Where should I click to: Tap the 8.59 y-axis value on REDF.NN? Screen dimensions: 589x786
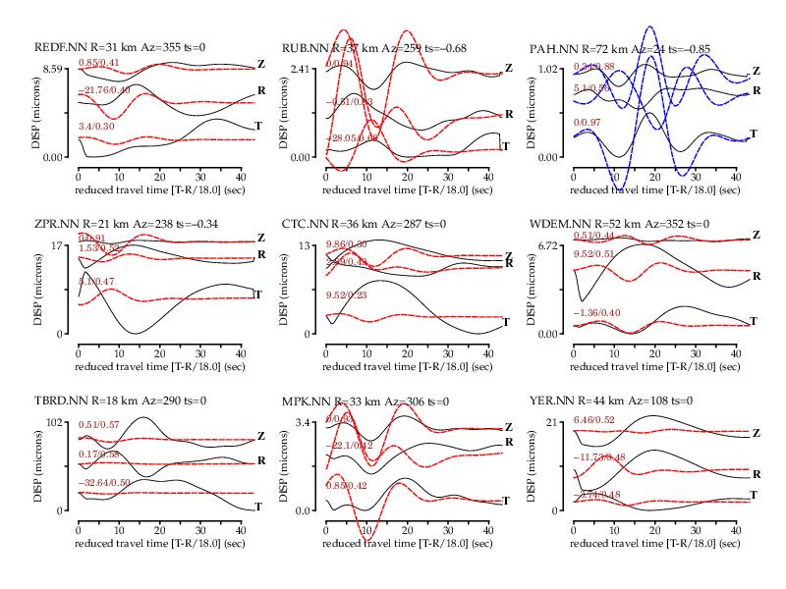(52, 69)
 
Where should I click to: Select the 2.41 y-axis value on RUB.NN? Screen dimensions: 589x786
(300, 69)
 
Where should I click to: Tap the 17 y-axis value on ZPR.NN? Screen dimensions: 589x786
(59, 245)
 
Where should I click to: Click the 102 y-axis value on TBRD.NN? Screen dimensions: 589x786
(56, 422)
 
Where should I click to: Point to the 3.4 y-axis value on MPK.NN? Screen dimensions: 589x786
(304, 422)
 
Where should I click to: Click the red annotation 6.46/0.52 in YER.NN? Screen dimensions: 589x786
(600, 420)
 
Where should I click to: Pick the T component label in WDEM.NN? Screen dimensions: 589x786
(755, 321)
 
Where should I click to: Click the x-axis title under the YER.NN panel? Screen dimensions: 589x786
(653, 542)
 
